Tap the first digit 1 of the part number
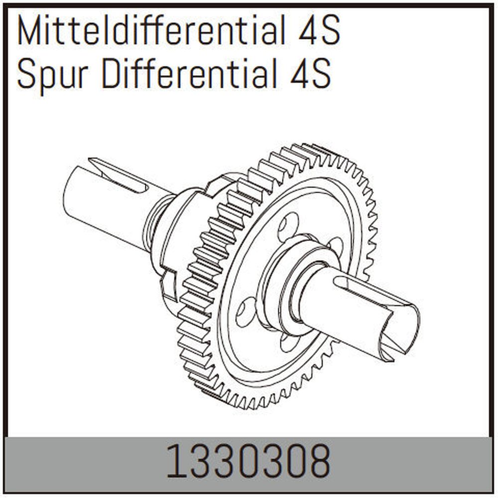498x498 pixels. [x=173, y=462]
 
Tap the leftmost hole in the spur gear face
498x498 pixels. [x=246, y=311]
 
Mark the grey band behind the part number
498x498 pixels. [x=75, y=462]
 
